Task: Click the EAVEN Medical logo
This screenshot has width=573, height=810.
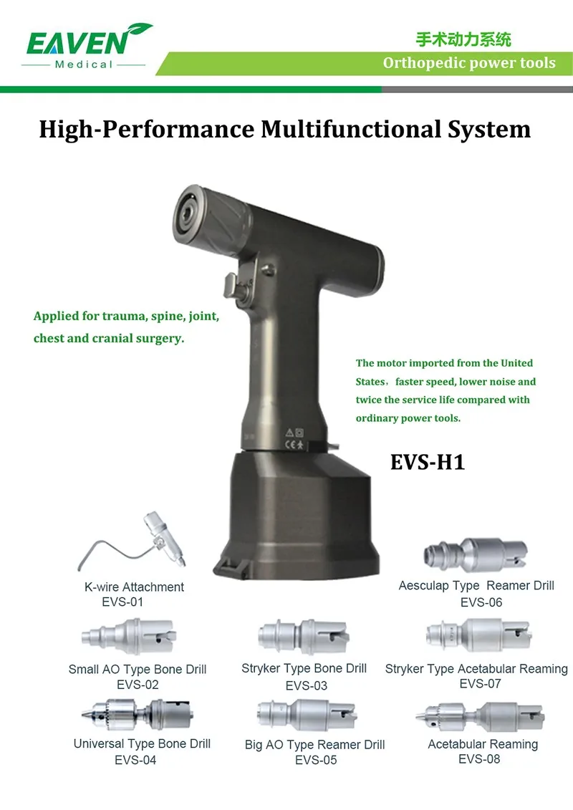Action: click(x=87, y=46)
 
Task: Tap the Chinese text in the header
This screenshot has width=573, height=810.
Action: click(x=463, y=39)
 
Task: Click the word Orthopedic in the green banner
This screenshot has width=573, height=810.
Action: click(x=415, y=63)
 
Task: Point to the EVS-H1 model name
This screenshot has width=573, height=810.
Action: click(x=428, y=462)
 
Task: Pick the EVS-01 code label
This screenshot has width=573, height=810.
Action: click(x=122, y=602)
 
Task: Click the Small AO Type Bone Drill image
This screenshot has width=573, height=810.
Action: click(x=129, y=637)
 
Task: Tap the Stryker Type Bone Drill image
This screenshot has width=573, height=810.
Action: click(x=303, y=636)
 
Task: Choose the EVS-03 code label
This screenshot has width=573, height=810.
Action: click(x=307, y=685)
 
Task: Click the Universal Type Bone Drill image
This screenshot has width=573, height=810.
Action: click(x=138, y=715)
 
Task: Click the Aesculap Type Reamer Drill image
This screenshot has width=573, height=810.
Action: click(x=476, y=555)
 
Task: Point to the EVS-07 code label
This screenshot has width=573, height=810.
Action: click(x=480, y=684)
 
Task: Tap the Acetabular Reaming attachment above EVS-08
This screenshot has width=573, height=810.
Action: click(x=480, y=716)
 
